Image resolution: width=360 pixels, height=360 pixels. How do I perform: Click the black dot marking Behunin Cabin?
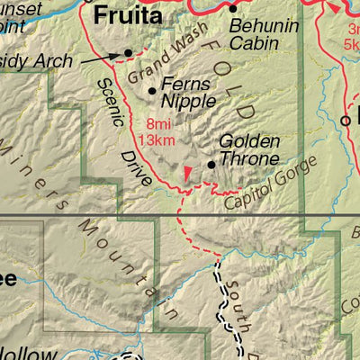[232, 8]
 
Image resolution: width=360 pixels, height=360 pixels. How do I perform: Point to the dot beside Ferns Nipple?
[152, 90]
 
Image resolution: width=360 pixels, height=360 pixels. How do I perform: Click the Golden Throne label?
[249, 150]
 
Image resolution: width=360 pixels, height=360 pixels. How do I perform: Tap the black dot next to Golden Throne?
[211, 165]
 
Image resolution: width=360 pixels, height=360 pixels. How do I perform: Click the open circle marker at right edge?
[346, 120]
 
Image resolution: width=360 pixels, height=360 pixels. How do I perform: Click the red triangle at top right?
[335, 8]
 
